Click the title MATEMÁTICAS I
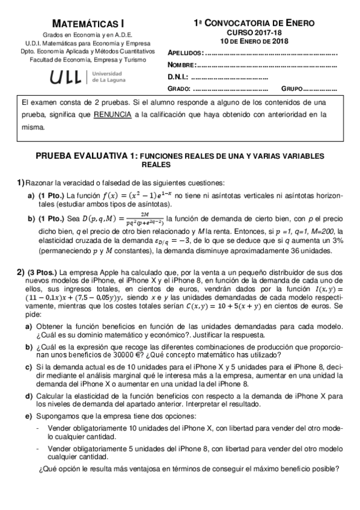point(86,23)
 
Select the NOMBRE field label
point(182,65)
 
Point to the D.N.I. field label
point(178,77)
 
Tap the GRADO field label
point(178,89)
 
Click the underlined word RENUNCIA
point(112,114)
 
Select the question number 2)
point(20,272)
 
